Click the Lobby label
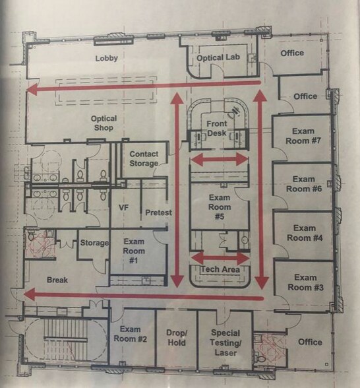[106, 58]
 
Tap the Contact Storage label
[144, 158]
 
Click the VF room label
[122, 207]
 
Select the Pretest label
[158, 212]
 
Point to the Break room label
[57, 280]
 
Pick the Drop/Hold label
[177, 338]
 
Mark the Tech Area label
[220, 270]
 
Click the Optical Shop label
[104, 123]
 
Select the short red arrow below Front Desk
[220, 160]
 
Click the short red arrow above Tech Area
[220, 257]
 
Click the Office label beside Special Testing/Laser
[309, 342]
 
